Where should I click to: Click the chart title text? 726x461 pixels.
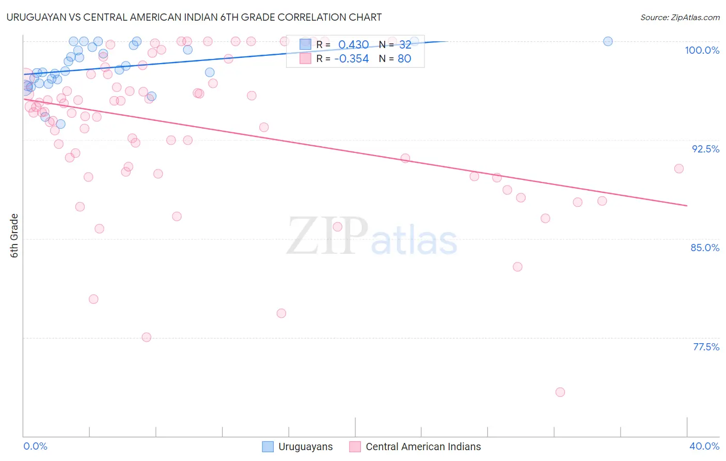click(x=194, y=17)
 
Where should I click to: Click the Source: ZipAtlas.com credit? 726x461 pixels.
click(x=680, y=18)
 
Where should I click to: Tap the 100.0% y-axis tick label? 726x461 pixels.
click(x=702, y=50)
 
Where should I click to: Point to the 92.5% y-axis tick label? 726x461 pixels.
click(x=705, y=149)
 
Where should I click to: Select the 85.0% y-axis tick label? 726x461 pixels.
click(x=705, y=248)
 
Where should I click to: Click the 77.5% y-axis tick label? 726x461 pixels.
click(x=706, y=347)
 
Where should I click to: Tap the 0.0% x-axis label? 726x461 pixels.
click(x=35, y=446)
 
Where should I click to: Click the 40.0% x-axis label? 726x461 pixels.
click(x=704, y=446)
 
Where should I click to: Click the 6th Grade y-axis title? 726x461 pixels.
click(x=14, y=236)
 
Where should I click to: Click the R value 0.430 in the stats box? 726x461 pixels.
click(x=353, y=45)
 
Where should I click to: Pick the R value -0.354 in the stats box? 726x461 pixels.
click(x=351, y=59)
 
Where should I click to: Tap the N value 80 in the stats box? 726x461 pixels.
click(x=404, y=59)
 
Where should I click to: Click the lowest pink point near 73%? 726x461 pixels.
click(x=560, y=392)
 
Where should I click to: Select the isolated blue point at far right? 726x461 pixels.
click(x=608, y=41)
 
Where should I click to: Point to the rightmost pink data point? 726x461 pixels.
click(x=679, y=168)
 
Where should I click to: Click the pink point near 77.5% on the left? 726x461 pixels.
click(x=147, y=337)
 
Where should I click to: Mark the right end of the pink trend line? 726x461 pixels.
click(x=687, y=206)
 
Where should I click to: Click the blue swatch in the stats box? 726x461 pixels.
click(x=305, y=45)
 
